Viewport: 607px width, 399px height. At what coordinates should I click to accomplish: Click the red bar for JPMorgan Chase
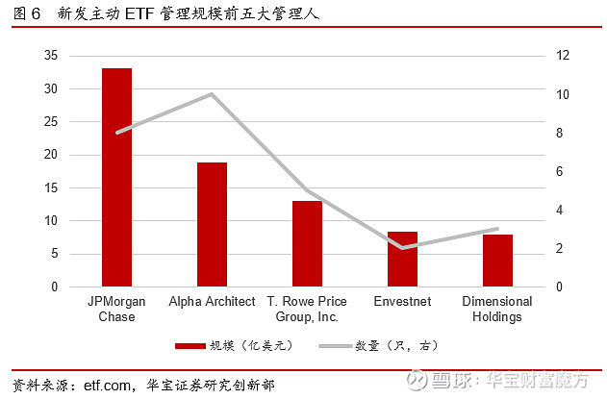(116, 178)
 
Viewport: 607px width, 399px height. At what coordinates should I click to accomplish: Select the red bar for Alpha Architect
(212, 224)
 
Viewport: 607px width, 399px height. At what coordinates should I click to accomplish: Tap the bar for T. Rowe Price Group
(307, 243)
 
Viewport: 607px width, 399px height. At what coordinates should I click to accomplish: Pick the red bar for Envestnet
(402, 259)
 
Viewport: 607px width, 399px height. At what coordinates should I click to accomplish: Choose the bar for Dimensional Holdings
(497, 261)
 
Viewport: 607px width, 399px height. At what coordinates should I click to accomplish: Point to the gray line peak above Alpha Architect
(212, 94)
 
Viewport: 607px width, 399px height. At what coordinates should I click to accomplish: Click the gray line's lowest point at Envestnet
(402, 248)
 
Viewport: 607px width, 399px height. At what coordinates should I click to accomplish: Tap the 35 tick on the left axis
(51, 56)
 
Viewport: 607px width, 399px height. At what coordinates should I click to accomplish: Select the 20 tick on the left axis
(51, 155)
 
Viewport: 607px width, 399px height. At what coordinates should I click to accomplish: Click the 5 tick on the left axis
(55, 254)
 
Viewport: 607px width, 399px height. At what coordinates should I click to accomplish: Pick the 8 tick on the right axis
(563, 133)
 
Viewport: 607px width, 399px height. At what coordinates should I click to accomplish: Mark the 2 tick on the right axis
(563, 248)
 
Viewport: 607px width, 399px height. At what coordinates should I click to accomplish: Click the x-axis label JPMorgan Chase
(116, 309)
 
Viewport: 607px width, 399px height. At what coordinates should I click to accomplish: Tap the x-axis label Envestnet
(402, 301)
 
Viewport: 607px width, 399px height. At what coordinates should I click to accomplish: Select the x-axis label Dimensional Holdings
(497, 309)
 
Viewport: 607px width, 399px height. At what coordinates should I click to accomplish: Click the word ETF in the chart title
(140, 14)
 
